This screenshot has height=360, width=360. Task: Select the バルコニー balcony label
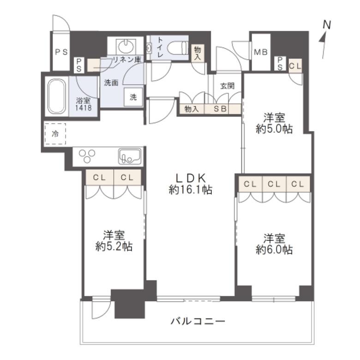click(x=198, y=321)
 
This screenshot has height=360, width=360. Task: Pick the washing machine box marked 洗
click(x=133, y=97)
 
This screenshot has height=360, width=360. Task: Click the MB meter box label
click(x=260, y=52)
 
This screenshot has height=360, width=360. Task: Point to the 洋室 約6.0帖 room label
click(x=274, y=244)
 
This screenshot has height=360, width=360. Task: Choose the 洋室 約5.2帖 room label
click(x=114, y=241)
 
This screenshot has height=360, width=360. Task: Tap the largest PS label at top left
click(x=61, y=52)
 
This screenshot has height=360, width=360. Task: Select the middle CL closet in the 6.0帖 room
click(x=274, y=184)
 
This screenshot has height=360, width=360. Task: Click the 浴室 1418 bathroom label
click(x=84, y=103)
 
